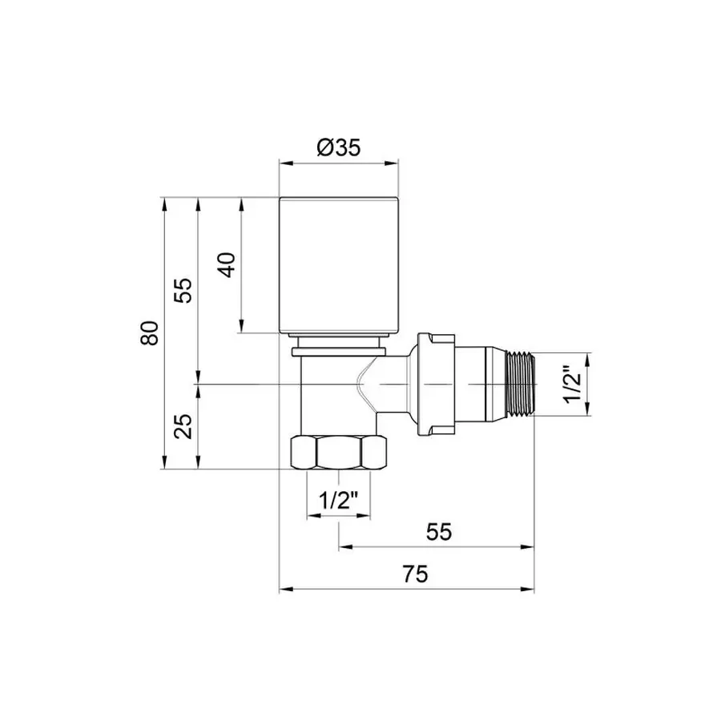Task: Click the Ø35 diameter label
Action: coord(339,148)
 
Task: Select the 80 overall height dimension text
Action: coord(148,332)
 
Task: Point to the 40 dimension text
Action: coord(228,264)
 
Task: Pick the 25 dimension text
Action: coord(184,426)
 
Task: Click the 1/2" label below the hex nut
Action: coord(338,501)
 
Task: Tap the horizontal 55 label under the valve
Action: coord(439,530)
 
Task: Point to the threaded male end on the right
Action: coord(521,384)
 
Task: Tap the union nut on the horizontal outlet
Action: coord(436,384)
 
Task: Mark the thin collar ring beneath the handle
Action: coord(338,349)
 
